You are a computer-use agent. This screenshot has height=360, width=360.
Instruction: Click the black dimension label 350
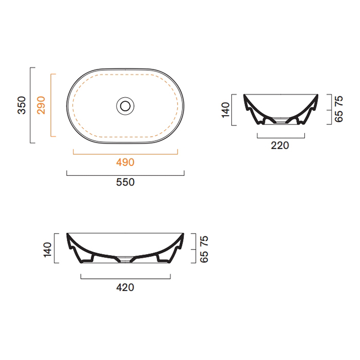[x=22, y=105]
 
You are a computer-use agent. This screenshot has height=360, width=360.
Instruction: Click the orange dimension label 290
[x=41, y=105]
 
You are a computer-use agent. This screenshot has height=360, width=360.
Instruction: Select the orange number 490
[x=125, y=163]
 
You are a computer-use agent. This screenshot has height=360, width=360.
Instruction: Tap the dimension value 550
[x=125, y=182]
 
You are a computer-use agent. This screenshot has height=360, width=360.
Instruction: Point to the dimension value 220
[x=280, y=146]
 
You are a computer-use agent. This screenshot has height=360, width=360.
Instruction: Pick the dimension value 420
[x=125, y=287]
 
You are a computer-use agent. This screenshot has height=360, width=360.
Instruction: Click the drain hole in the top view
[x=125, y=106]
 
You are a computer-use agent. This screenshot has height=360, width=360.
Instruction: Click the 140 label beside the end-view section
[x=225, y=110]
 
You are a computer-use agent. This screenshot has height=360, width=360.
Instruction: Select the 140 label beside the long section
[x=47, y=249]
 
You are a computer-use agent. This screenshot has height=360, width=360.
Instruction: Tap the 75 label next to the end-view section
[x=339, y=101]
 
